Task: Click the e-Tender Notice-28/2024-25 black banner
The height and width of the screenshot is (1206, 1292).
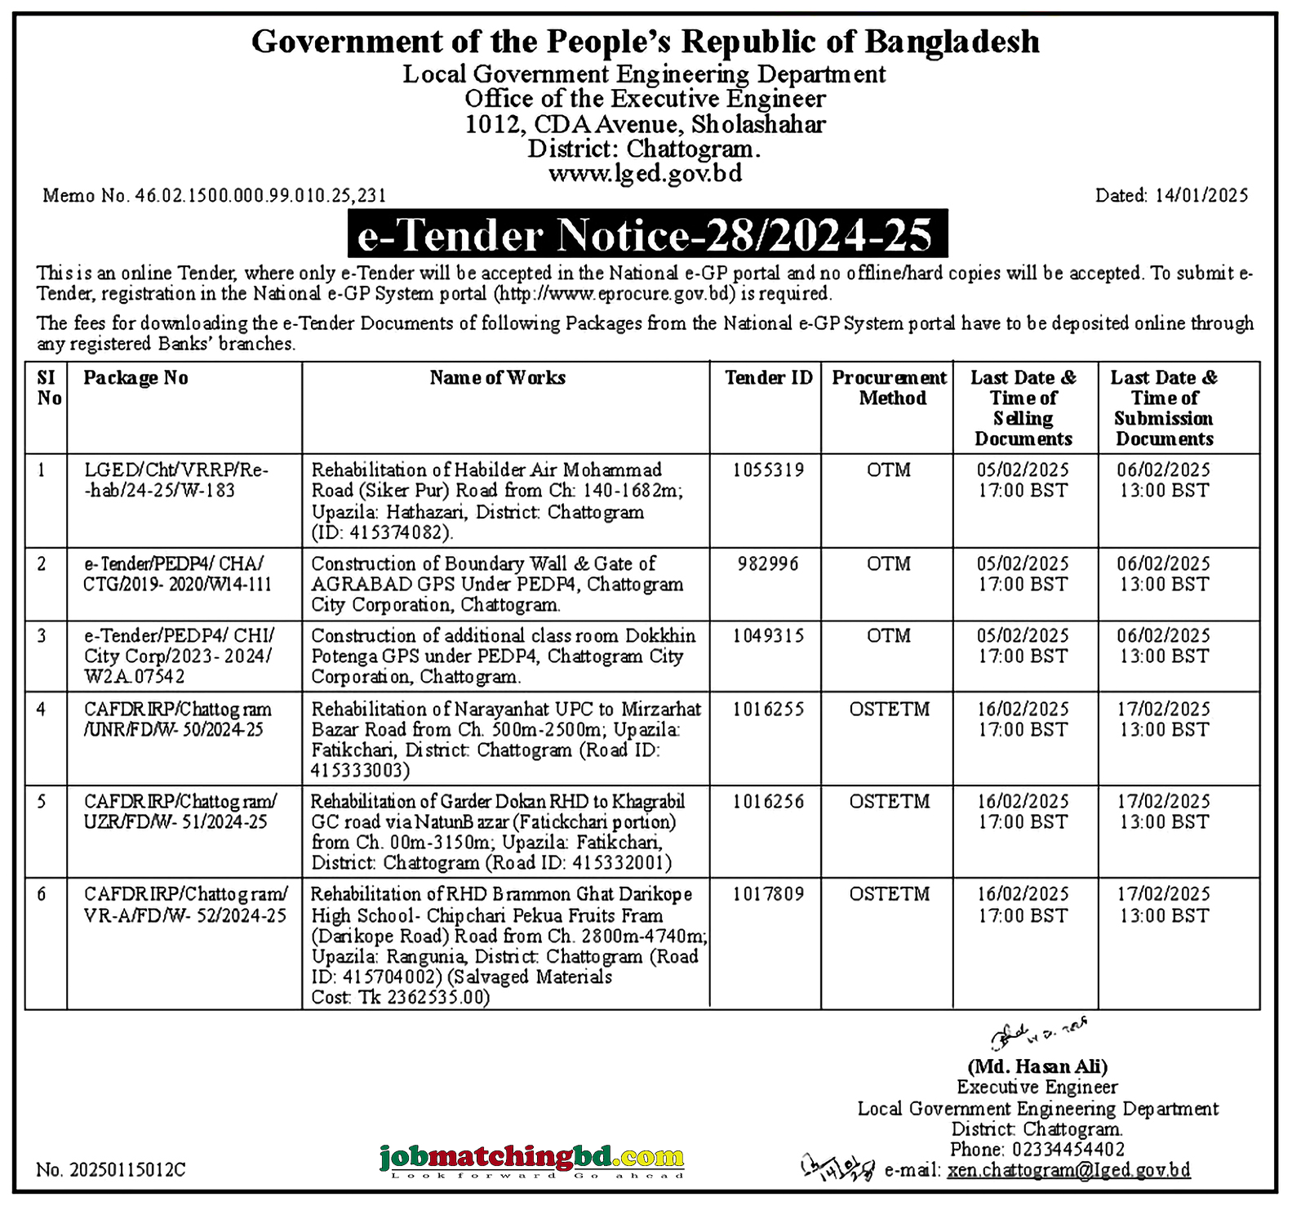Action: tap(647, 235)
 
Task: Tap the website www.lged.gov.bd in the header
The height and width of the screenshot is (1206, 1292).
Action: tap(645, 174)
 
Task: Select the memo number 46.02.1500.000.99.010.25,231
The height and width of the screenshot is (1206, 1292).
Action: tap(214, 196)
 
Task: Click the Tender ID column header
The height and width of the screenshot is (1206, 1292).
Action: tap(768, 378)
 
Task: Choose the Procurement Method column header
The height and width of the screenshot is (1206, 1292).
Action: tap(889, 388)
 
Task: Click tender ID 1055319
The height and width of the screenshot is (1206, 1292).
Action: tap(767, 470)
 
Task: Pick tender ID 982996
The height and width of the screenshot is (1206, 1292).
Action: tap(767, 564)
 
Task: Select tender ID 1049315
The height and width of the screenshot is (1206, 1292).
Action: tap(767, 636)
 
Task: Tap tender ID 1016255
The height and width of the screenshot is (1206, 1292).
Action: tap(767, 710)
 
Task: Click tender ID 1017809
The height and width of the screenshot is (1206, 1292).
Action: tap(767, 894)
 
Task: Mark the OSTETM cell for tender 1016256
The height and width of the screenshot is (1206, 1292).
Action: tap(889, 802)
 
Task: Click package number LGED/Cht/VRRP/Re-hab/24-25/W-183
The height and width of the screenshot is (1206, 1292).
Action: tap(176, 480)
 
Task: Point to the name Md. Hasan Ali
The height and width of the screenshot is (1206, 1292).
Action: tap(1037, 1066)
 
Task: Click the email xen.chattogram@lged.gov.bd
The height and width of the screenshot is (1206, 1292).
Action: tap(1068, 1170)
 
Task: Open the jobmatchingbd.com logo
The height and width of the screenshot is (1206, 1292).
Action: tap(531, 1159)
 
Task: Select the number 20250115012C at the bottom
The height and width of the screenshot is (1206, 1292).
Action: tap(111, 1170)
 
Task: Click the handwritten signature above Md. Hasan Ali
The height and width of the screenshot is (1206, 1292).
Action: tap(1037, 1035)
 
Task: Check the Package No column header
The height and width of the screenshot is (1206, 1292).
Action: tap(135, 378)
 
